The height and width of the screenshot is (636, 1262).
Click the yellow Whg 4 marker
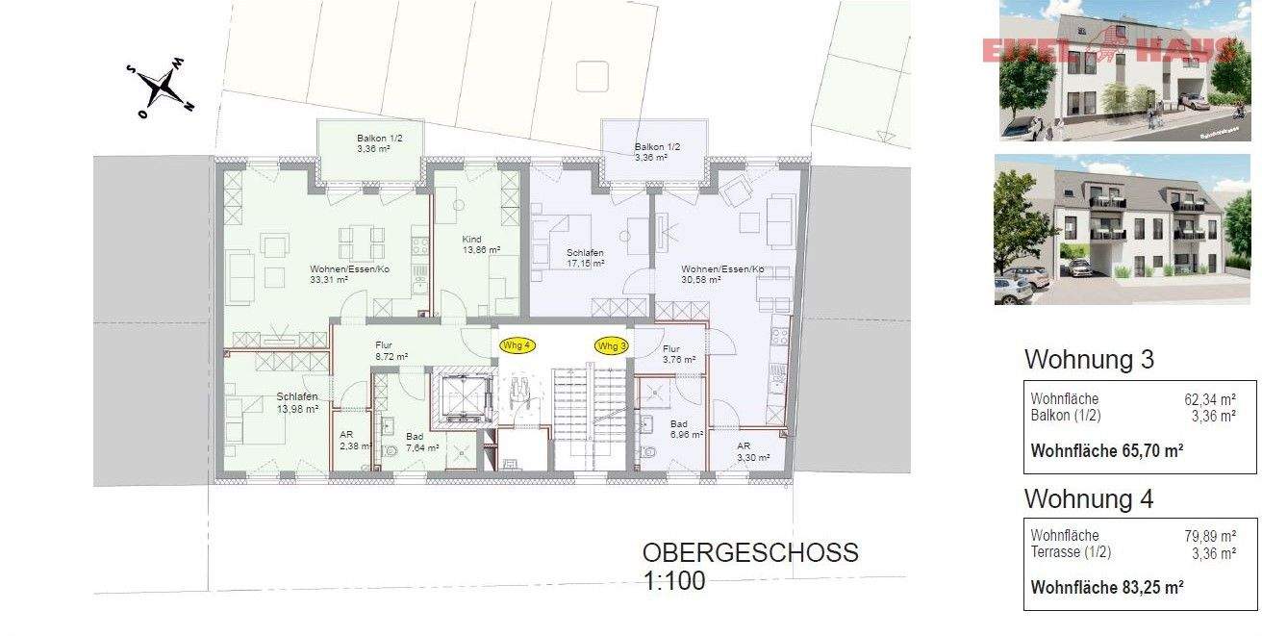pyautogui.click(x=517, y=344)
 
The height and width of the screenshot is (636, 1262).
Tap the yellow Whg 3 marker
pyautogui.click(x=611, y=345)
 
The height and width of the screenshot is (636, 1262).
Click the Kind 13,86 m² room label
pyautogui.click(x=481, y=244)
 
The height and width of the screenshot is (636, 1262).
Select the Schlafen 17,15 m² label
pyautogui.click(x=585, y=257)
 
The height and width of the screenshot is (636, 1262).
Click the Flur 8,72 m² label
pyautogui.click(x=391, y=350)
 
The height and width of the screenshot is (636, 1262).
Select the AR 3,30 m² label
pyautogui.click(x=753, y=452)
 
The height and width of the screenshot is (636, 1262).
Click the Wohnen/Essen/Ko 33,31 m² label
pyautogui.click(x=349, y=274)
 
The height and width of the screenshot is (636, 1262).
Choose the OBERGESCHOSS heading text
pyautogui.click(x=750, y=553)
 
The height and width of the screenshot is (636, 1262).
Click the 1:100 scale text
pyautogui.click(x=673, y=580)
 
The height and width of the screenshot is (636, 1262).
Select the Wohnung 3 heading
pyautogui.click(x=1089, y=360)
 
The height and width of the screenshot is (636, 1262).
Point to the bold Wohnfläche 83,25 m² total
pyautogui.click(x=1106, y=585)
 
